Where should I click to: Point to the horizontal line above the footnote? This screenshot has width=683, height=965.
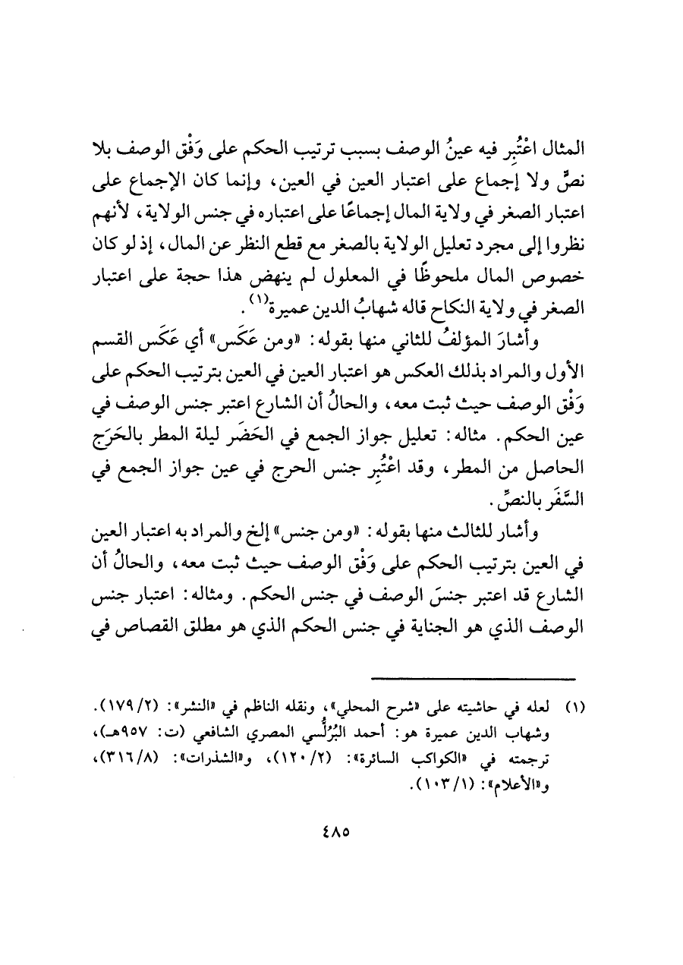coord(474,679)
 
